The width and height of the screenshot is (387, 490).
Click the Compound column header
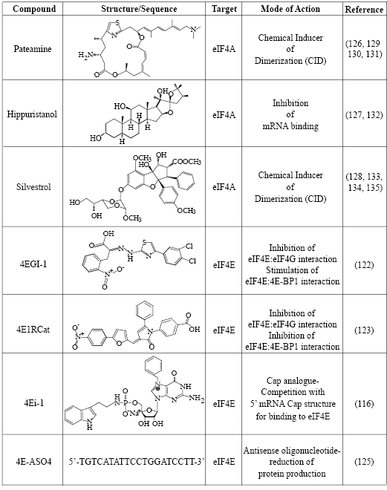pyautogui.click(x=34, y=8)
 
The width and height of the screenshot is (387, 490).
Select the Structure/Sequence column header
pyautogui.click(x=139, y=8)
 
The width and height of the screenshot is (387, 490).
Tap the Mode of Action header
pyautogui.click(x=290, y=8)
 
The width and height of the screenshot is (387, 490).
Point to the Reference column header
pyautogui.click(x=364, y=10)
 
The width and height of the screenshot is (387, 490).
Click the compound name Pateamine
pyautogui.click(x=33, y=49)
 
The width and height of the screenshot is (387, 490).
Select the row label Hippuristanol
pyautogui.click(x=32, y=114)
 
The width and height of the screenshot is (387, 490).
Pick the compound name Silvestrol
pyautogui.click(x=33, y=186)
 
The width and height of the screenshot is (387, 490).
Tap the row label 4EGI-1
pyautogui.click(x=33, y=264)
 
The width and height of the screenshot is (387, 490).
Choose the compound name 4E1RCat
pyautogui.click(x=33, y=330)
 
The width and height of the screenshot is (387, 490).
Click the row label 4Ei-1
pyautogui.click(x=33, y=403)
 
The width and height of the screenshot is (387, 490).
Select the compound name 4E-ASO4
pyautogui.click(x=33, y=461)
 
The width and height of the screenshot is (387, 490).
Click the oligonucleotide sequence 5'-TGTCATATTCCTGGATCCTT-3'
pyautogui.click(x=137, y=461)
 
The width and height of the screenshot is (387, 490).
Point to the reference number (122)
pyautogui.click(x=364, y=265)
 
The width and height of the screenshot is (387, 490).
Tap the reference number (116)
pyautogui.click(x=364, y=403)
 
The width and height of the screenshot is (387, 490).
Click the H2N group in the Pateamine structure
pyautogui.click(x=85, y=56)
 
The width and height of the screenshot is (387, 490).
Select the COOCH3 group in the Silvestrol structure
pyautogui.click(x=186, y=162)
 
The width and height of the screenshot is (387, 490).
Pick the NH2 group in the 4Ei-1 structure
pyautogui.click(x=197, y=397)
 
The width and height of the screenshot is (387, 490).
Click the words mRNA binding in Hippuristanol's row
pyautogui.click(x=290, y=126)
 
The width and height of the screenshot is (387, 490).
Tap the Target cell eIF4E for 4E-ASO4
pyautogui.click(x=224, y=461)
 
